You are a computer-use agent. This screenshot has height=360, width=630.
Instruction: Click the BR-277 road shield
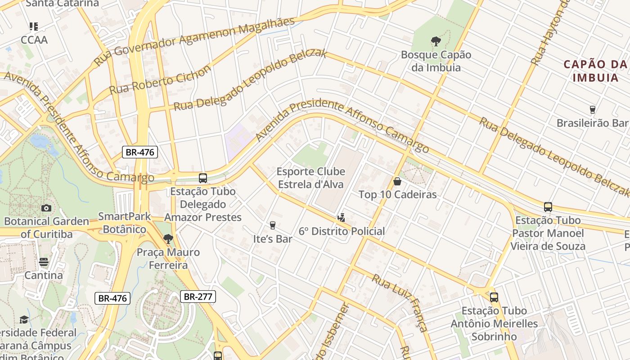pos(198,297)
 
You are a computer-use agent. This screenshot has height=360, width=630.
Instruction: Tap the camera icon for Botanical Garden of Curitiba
pos(46,208)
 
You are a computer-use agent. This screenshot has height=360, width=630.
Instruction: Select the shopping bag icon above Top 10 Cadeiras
pos(397,181)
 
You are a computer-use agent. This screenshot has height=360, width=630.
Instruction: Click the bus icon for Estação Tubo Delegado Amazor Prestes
pos(203,178)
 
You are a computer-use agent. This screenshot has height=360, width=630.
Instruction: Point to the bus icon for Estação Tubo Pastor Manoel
pos(548,207)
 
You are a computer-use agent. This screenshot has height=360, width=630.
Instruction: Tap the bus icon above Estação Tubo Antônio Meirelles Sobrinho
pos(494,297)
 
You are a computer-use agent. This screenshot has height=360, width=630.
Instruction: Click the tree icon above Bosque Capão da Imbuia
pos(436,41)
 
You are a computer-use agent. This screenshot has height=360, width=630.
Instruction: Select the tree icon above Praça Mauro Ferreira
pos(168,238)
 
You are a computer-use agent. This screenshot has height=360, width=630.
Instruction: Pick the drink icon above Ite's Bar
pos(272,225)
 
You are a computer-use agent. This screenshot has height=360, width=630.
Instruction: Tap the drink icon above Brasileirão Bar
pos(592,110)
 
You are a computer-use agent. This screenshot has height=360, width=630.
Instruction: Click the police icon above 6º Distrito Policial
pos(341,218)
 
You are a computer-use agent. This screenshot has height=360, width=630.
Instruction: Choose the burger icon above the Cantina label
pos(44,261)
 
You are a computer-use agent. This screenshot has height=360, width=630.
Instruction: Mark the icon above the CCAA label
pos(34,27)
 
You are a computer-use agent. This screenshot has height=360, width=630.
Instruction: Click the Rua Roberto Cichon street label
pos(160,80)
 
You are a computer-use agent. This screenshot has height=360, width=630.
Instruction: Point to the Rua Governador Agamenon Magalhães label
pos(194,41)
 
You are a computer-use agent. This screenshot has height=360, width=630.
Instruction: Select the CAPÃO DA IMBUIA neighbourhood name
pos(595,71)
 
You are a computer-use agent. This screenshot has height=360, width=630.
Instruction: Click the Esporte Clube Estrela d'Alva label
pos(310,178)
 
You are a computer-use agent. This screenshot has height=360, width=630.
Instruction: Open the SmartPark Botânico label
pos(125,223)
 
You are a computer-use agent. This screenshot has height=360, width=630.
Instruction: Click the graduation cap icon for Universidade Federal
pos(24,319)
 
